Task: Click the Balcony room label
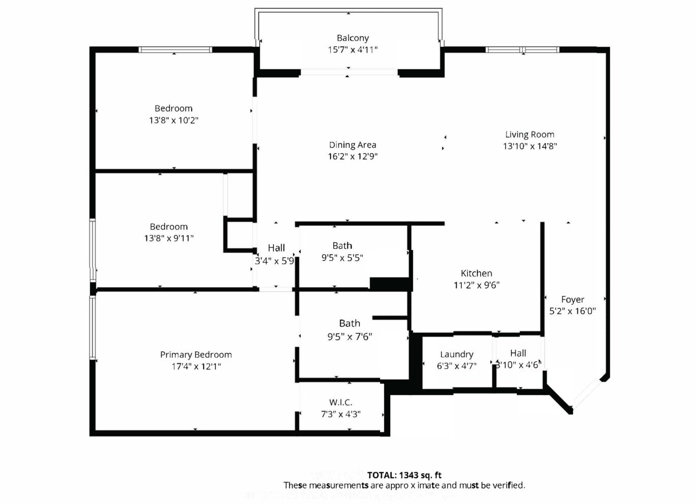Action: pos(353,38)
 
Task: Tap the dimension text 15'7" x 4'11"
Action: pos(353,50)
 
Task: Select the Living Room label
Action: pos(530,135)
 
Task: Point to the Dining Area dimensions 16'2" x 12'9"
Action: pos(353,156)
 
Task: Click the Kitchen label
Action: pos(477,273)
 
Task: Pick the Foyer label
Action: pos(573,299)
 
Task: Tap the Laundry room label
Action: pos(457,354)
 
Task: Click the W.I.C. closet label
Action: pos(341,402)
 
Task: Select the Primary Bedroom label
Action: pos(196,355)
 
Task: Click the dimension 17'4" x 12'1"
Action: pos(196,366)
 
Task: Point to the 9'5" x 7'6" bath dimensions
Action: pos(350,337)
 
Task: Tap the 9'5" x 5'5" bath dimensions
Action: pos(342,258)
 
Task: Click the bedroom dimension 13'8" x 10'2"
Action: pos(174,120)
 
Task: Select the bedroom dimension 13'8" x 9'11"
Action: pos(169,238)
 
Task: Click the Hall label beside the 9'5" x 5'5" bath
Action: pos(276,248)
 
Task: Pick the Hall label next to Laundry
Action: pos(518,353)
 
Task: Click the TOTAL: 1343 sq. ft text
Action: pos(404,475)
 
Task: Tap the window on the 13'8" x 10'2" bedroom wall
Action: pos(175,50)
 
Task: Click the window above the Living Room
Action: pos(523,50)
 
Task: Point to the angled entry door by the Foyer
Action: pos(587,394)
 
